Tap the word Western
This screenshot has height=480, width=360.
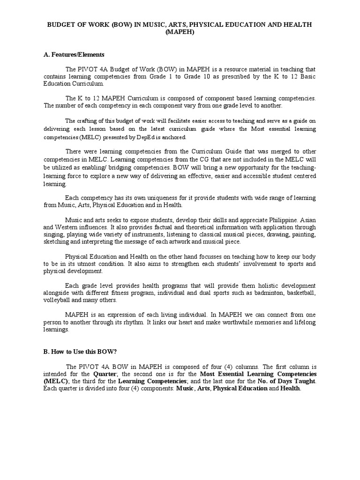click(70, 227)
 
